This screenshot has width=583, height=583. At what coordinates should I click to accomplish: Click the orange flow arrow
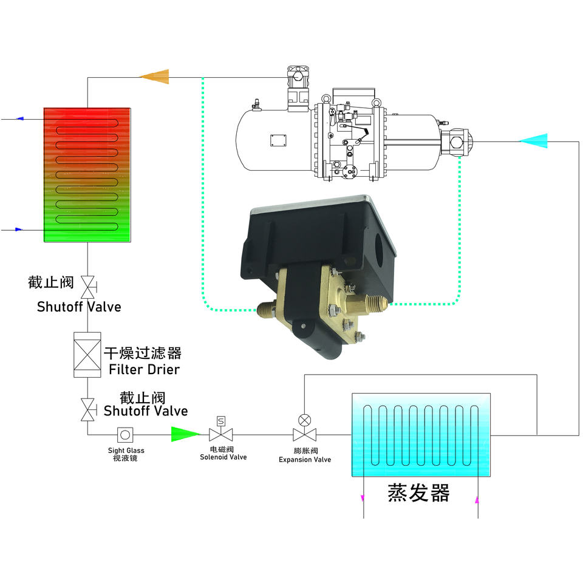coord(154,76)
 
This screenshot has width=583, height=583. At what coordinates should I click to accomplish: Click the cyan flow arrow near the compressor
coord(534,141)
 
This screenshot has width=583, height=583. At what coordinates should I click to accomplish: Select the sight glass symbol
coord(126,434)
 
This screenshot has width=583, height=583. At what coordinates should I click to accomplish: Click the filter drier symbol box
coord(87,355)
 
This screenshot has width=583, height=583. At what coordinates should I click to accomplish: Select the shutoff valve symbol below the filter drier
coord(89,408)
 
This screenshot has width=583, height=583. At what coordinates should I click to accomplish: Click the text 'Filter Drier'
coord(144,369)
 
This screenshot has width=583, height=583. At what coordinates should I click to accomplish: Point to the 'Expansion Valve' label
coord(305,460)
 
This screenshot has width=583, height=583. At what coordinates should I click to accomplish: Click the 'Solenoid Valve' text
coord(223,457)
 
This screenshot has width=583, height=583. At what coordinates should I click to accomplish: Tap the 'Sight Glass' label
coord(126,451)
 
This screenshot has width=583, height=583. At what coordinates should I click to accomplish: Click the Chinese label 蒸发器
coord(418,493)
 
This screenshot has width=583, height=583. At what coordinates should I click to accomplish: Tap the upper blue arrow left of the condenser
coord(19,118)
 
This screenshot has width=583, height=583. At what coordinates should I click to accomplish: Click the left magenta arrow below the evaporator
coord(363,498)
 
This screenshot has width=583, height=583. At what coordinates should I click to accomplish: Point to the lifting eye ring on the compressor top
coord(326,97)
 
